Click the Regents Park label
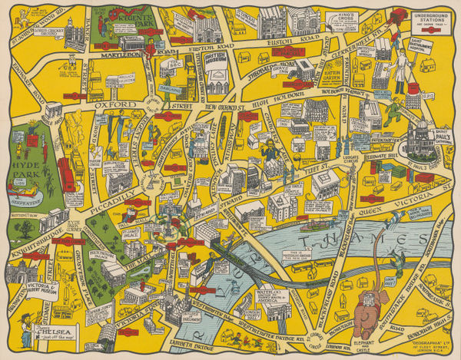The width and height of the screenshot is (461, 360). click(139, 16)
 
